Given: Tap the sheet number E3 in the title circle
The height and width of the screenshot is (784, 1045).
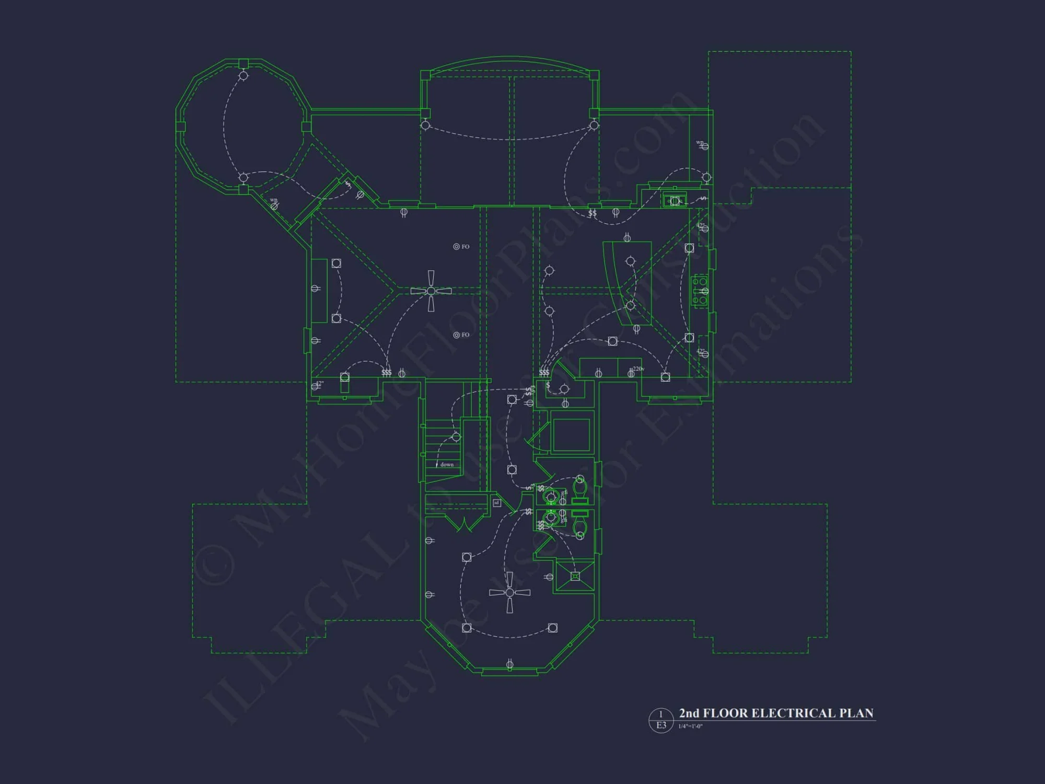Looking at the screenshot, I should [x=661, y=725].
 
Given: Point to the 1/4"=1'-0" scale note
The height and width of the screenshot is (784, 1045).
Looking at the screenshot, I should [x=690, y=727].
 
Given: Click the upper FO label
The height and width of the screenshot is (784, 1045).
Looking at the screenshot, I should [x=465, y=247].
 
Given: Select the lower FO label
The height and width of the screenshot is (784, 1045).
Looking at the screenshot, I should [x=465, y=335].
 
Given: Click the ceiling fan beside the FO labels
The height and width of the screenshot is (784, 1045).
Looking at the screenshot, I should [x=431, y=291].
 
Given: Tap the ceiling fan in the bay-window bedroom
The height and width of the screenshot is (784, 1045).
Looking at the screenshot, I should [x=509, y=592].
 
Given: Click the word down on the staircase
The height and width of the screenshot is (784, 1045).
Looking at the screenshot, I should [x=447, y=465].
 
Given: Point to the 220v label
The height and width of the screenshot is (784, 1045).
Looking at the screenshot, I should [x=638, y=369].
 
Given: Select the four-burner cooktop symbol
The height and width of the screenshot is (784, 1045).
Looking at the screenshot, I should [x=700, y=291].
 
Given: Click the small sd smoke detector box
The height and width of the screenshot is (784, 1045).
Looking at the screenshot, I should [x=496, y=503].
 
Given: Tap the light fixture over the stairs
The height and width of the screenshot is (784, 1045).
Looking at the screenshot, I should [x=456, y=437].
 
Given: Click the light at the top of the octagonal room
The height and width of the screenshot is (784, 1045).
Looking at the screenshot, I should [x=243, y=76].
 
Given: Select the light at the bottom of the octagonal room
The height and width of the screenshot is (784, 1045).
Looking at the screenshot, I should [x=243, y=177].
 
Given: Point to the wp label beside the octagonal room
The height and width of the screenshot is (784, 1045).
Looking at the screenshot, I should [x=273, y=200].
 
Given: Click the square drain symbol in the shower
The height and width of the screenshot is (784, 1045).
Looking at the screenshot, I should [x=575, y=576].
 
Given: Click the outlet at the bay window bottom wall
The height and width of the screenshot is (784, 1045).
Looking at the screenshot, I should [x=509, y=664].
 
